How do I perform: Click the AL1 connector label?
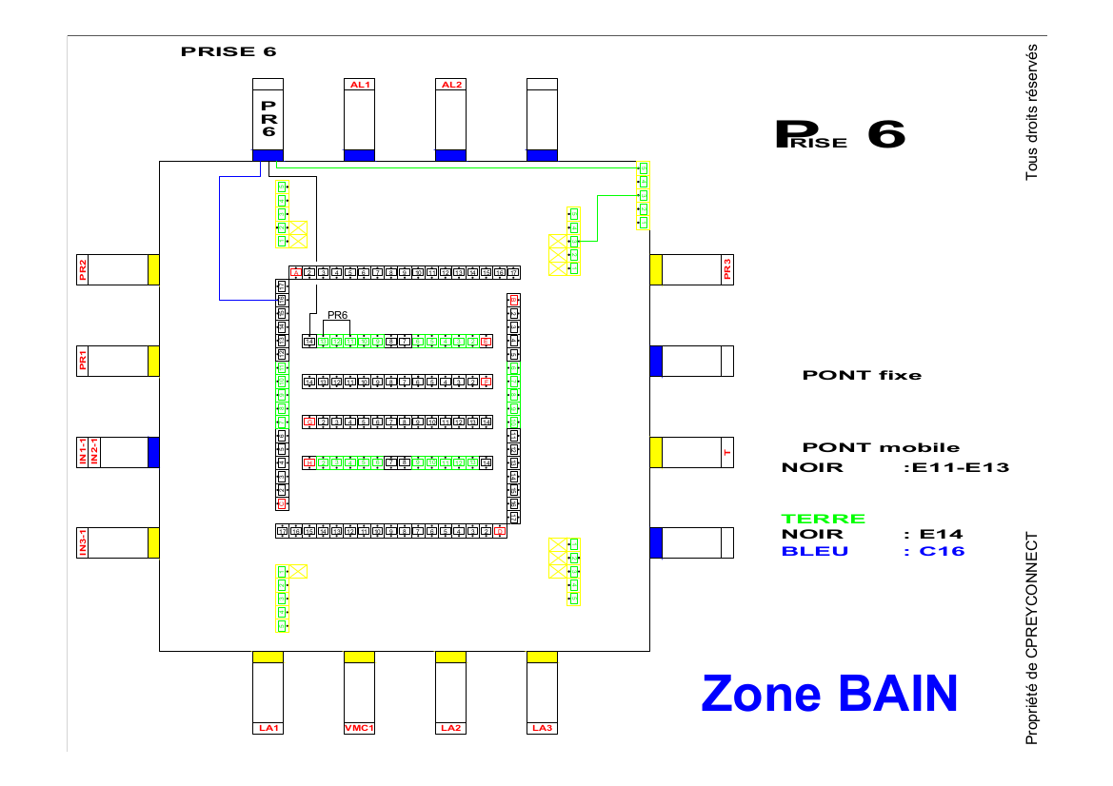359,84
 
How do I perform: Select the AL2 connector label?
450,84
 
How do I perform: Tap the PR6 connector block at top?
268,119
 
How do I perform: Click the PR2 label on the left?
83,269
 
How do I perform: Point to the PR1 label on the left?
83,361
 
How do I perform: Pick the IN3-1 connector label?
83,543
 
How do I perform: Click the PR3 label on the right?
728,269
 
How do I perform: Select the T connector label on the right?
727,452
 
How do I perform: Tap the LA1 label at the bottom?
268,729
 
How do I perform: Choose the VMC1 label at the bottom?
359,729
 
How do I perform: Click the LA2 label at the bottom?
450,729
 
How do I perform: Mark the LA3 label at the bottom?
542,729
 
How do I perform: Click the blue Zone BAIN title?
829,693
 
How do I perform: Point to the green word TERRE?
824,519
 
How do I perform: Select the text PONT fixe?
862,375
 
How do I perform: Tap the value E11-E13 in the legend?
960,467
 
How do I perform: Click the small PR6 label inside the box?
337,315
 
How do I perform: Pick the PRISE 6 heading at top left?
229,51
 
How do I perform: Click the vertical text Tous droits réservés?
1031,111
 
